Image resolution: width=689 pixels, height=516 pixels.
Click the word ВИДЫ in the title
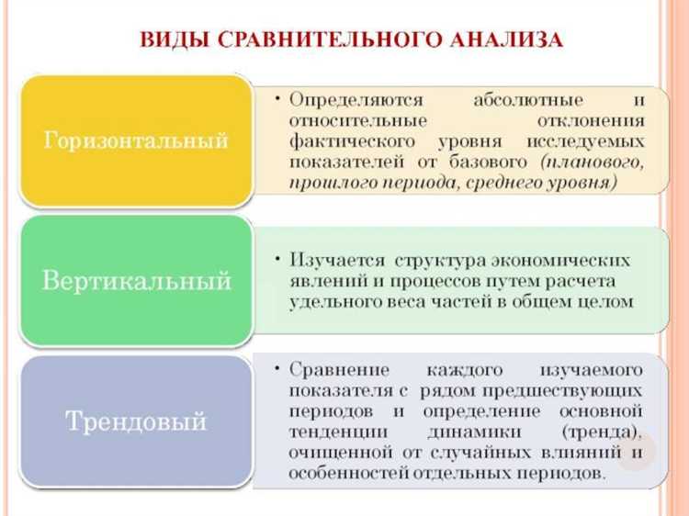pyautogui.click(x=169, y=40)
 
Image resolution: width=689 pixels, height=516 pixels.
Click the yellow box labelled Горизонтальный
pyautogui.click(x=136, y=141)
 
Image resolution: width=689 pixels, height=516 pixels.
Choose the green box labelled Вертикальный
pyautogui.click(x=136, y=281)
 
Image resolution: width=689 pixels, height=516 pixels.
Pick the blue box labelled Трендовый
pyautogui.click(x=136, y=422)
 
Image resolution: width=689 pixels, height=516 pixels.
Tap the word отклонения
pyautogui.click(x=589, y=120)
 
